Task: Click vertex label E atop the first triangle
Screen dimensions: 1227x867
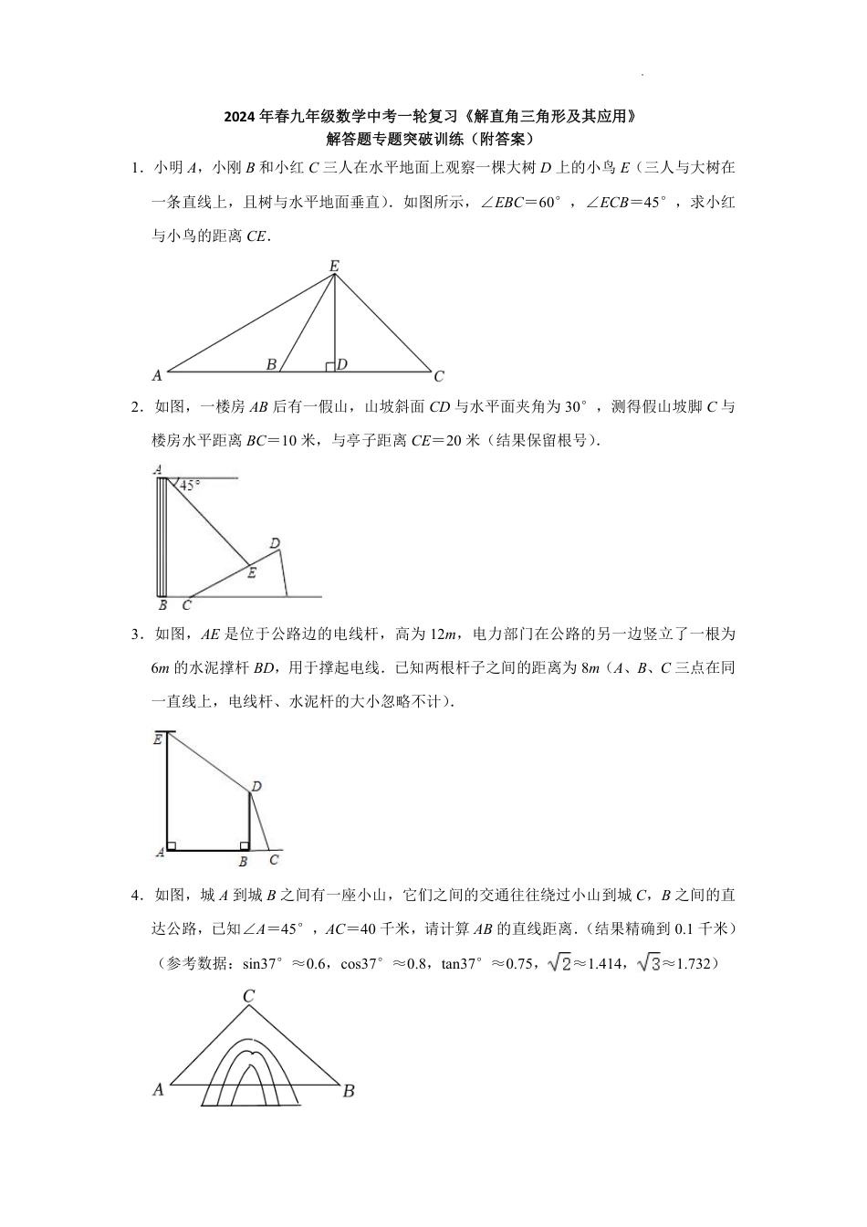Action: coord(334,266)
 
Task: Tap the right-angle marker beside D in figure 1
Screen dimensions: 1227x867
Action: coord(329,367)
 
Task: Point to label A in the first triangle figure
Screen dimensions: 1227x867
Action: coord(157,374)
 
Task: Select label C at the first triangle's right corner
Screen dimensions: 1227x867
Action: coord(439,376)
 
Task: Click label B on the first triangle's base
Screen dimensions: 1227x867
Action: coord(271,364)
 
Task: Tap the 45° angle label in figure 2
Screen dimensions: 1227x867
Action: coord(189,487)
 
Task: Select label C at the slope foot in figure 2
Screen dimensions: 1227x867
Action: coord(187,604)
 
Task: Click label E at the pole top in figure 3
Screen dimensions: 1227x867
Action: coord(158,739)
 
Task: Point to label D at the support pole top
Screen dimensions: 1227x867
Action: coord(256,786)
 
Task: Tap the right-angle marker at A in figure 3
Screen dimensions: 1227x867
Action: coord(172,845)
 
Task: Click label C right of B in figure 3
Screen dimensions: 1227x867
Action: coord(274,859)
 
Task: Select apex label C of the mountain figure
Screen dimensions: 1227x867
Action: coord(248,997)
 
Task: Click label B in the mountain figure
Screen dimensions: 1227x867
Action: coord(349,1090)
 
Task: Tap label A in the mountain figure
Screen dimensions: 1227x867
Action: coord(158,1089)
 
